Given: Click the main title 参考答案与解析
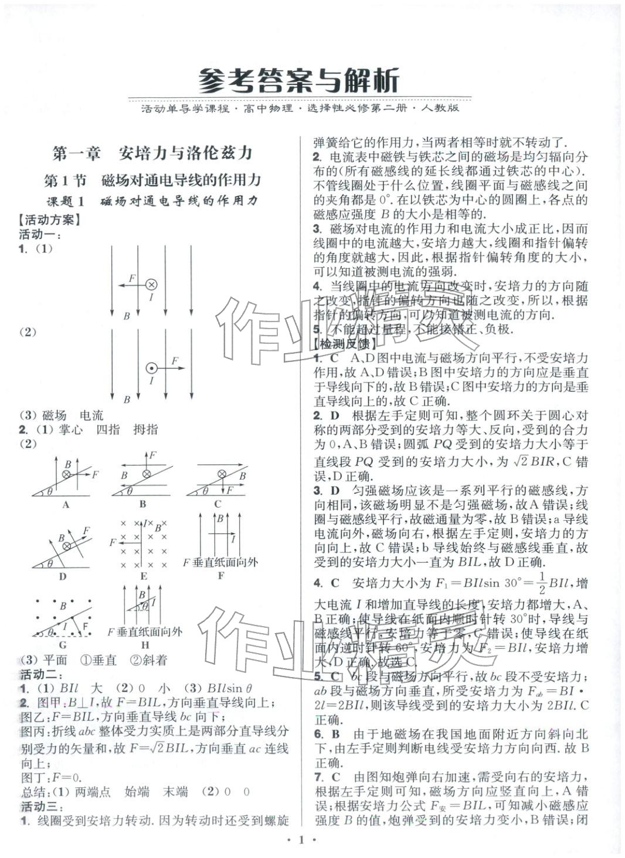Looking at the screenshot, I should tap(299, 80).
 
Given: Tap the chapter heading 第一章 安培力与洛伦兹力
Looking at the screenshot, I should tap(152, 153).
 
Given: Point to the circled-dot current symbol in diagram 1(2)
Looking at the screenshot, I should tap(151, 368).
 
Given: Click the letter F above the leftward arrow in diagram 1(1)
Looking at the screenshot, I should tap(131, 278).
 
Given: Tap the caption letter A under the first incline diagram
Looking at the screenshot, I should tap(66, 504).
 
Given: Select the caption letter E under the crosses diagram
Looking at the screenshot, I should tap(143, 576).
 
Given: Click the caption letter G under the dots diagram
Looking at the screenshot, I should tap(63, 646).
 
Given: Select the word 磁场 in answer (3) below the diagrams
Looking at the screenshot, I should tap(54, 415).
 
